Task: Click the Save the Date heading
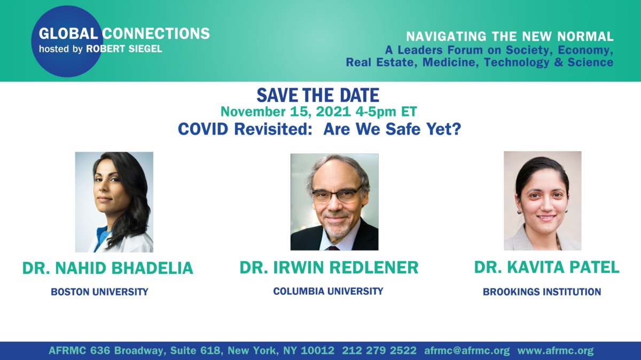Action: (x=318, y=95)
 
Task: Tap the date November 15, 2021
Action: (x=286, y=112)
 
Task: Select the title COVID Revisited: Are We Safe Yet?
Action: (x=319, y=129)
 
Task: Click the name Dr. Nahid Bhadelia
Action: (x=107, y=268)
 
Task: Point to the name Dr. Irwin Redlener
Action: (x=329, y=267)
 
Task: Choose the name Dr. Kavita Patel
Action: (x=546, y=267)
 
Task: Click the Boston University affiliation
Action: (x=99, y=292)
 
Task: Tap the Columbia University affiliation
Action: (x=328, y=291)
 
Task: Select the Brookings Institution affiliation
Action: (x=542, y=292)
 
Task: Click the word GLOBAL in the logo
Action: (x=68, y=34)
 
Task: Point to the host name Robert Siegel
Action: (x=124, y=49)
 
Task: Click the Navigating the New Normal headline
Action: (x=510, y=36)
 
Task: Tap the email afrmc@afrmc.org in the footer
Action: (x=467, y=350)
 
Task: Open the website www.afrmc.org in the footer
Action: (x=556, y=350)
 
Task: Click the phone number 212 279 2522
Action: (x=379, y=350)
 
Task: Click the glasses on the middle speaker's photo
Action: (x=336, y=195)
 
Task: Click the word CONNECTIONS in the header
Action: (x=156, y=34)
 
